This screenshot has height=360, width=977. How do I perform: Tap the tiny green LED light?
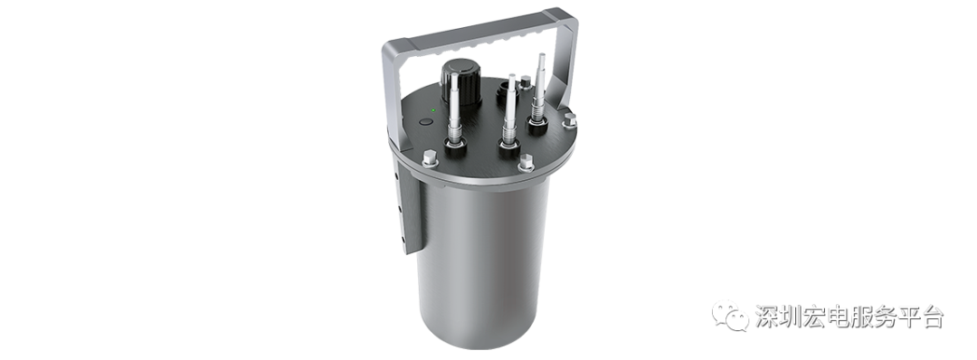(433, 111)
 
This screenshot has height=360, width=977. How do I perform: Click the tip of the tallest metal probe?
(541, 56)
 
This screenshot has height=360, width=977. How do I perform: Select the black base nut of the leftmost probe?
(455, 147)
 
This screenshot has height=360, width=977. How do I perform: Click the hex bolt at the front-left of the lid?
(430, 158)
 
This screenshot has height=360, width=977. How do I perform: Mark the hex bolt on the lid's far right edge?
(570, 120)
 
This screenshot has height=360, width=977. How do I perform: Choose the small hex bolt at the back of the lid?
(526, 81)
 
